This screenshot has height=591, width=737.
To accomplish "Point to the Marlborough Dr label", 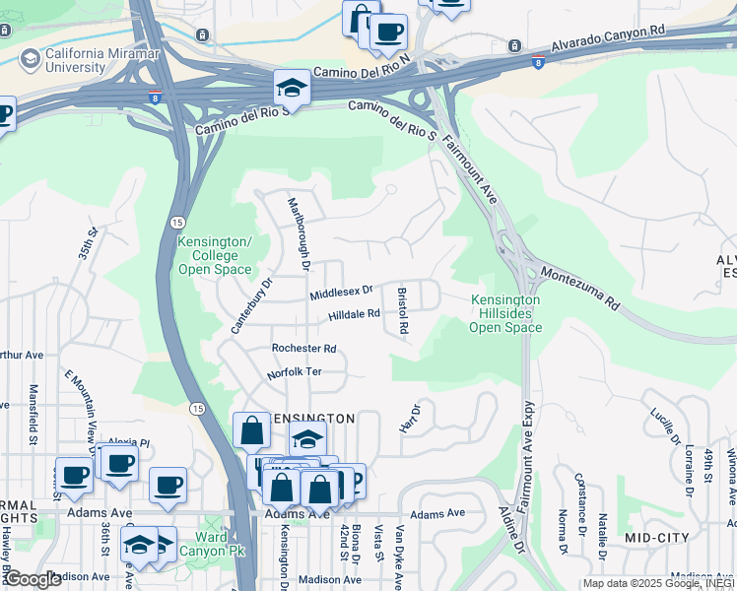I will point(299,234).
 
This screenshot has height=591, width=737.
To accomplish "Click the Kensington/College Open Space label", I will point(215,255).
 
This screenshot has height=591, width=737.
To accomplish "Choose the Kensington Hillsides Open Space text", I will point(505,313).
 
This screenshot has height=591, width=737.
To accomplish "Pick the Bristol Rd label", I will point(402,309).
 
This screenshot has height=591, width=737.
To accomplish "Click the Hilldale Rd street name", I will point(354,315).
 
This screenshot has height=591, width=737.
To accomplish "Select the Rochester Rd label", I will point(304,349).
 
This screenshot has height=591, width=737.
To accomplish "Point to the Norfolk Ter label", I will point(295,374).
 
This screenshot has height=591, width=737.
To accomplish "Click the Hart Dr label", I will point(409,418).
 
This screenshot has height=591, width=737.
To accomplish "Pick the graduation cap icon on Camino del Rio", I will point(292,89).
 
